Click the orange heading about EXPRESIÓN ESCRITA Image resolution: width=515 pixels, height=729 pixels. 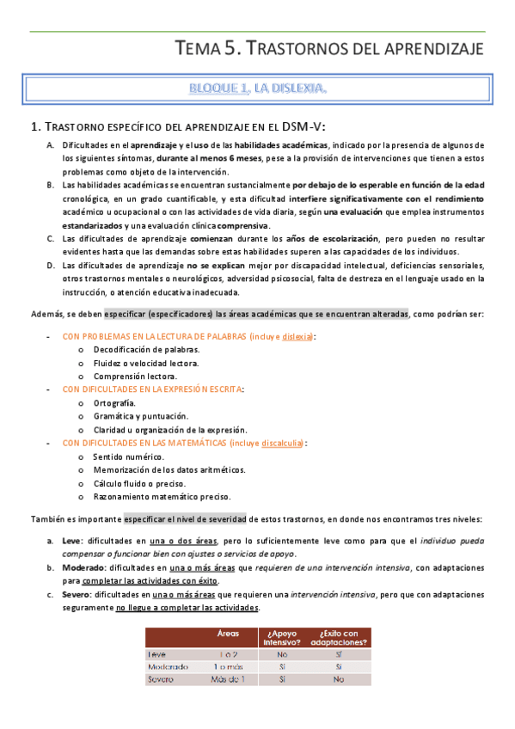[153, 389]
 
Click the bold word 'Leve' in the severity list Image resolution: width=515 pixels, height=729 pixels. [71, 541]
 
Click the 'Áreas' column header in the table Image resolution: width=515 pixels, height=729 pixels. [228, 634]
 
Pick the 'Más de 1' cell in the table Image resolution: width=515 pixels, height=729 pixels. [229, 678]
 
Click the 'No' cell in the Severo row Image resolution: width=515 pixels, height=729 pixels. [339, 678]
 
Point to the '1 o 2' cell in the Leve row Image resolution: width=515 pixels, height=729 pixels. [228, 653]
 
